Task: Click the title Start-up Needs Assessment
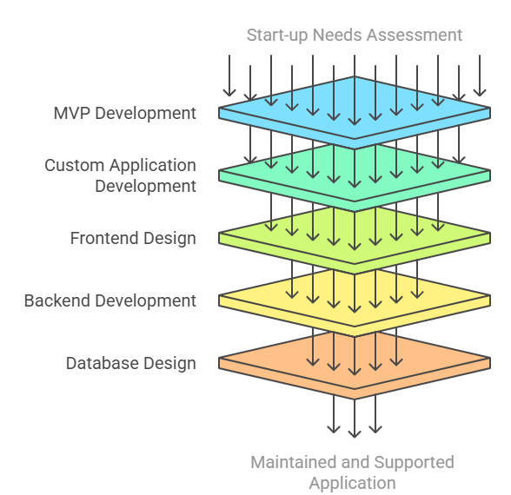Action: [x=354, y=35]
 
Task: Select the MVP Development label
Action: [x=125, y=113]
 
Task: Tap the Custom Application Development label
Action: [x=121, y=175]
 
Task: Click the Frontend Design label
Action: [x=133, y=238]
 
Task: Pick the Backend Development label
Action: [x=110, y=300]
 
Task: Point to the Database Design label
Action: [x=131, y=363]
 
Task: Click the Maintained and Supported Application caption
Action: [x=352, y=472]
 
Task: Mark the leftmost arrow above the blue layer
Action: [x=229, y=76]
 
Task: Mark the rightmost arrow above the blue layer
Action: [x=480, y=76]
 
